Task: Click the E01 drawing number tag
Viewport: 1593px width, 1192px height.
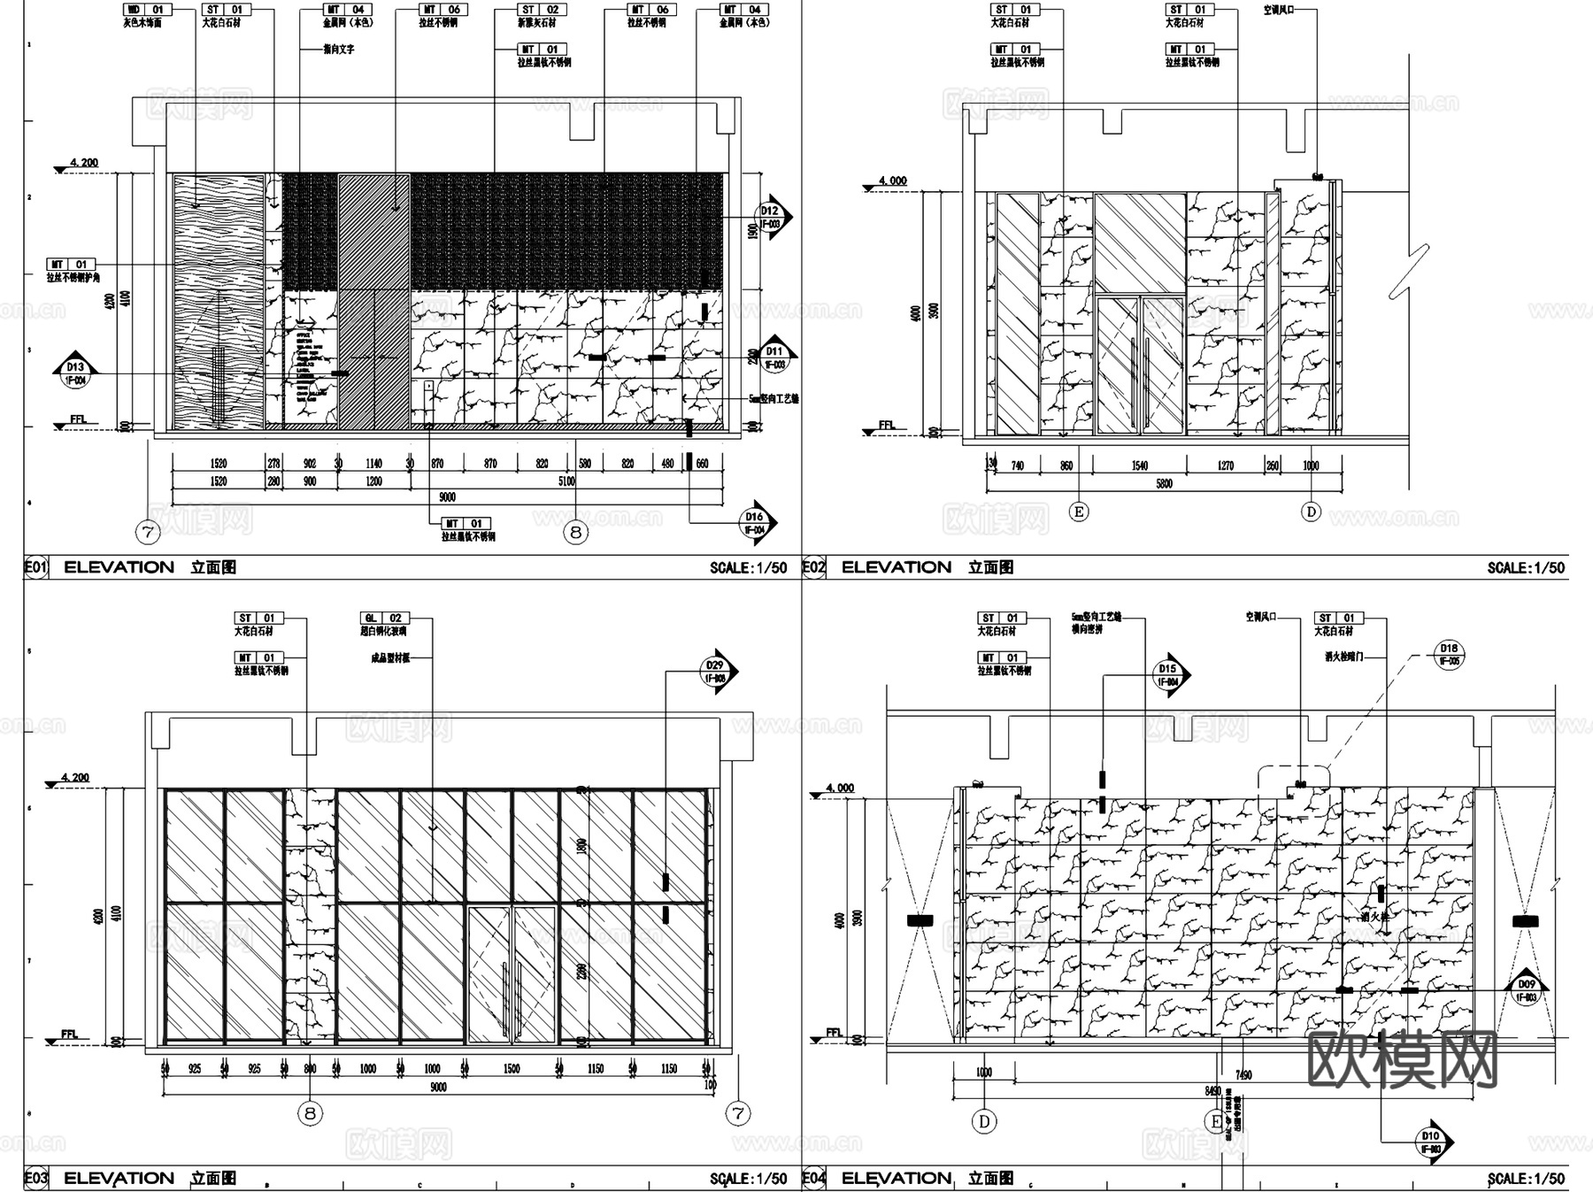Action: [35, 567]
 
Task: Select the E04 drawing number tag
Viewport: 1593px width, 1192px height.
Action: [812, 1178]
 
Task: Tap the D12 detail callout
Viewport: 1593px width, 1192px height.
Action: [771, 217]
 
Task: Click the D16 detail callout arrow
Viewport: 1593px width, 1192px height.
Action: [756, 522]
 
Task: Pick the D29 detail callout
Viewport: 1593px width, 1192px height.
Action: [716, 671]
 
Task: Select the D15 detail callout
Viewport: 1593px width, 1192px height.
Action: [1169, 675]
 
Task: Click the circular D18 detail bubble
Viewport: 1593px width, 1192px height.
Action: [1449, 654]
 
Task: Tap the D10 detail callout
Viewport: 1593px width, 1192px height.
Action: [1431, 1142]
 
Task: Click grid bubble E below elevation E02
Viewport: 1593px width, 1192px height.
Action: [1079, 511]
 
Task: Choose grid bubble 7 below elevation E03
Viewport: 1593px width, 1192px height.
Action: [738, 1113]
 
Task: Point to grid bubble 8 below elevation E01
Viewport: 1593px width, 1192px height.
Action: [576, 532]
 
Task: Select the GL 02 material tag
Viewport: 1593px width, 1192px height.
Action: [383, 618]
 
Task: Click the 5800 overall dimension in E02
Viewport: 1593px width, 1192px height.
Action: [1164, 483]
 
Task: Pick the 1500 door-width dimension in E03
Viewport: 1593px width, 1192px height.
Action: [512, 1069]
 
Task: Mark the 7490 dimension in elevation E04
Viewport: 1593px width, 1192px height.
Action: [1243, 1075]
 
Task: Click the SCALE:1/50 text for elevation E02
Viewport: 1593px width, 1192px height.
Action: [1526, 568]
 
